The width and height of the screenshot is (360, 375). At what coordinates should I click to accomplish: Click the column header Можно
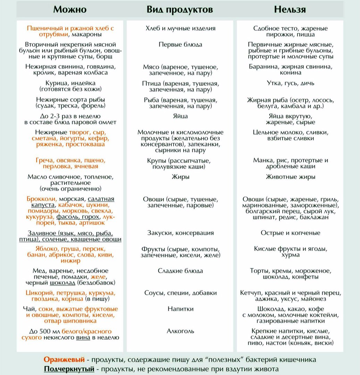point(70,9)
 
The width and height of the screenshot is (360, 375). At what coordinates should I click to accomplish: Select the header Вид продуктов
point(179,9)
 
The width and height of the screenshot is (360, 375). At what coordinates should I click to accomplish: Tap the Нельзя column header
point(290,9)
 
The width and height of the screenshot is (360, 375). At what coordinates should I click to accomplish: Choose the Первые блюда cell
point(180,44)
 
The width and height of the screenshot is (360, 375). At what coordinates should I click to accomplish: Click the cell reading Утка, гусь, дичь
point(290,83)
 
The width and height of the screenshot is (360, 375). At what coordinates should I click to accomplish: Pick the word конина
point(290,73)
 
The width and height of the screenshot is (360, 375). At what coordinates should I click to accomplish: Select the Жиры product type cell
point(180,177)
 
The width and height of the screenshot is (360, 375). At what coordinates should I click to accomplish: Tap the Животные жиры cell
point(290,177)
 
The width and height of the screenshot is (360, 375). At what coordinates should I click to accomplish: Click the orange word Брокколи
point(42,199)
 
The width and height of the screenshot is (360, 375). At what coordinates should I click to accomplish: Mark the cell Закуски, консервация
point(180,233)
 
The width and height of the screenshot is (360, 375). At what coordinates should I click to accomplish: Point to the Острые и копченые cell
point(290,233)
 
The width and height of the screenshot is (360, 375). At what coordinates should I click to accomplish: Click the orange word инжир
point(70,260)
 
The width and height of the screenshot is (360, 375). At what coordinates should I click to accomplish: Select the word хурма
point(290,255)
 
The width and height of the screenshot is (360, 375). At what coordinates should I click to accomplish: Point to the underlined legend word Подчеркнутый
point(69,369)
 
